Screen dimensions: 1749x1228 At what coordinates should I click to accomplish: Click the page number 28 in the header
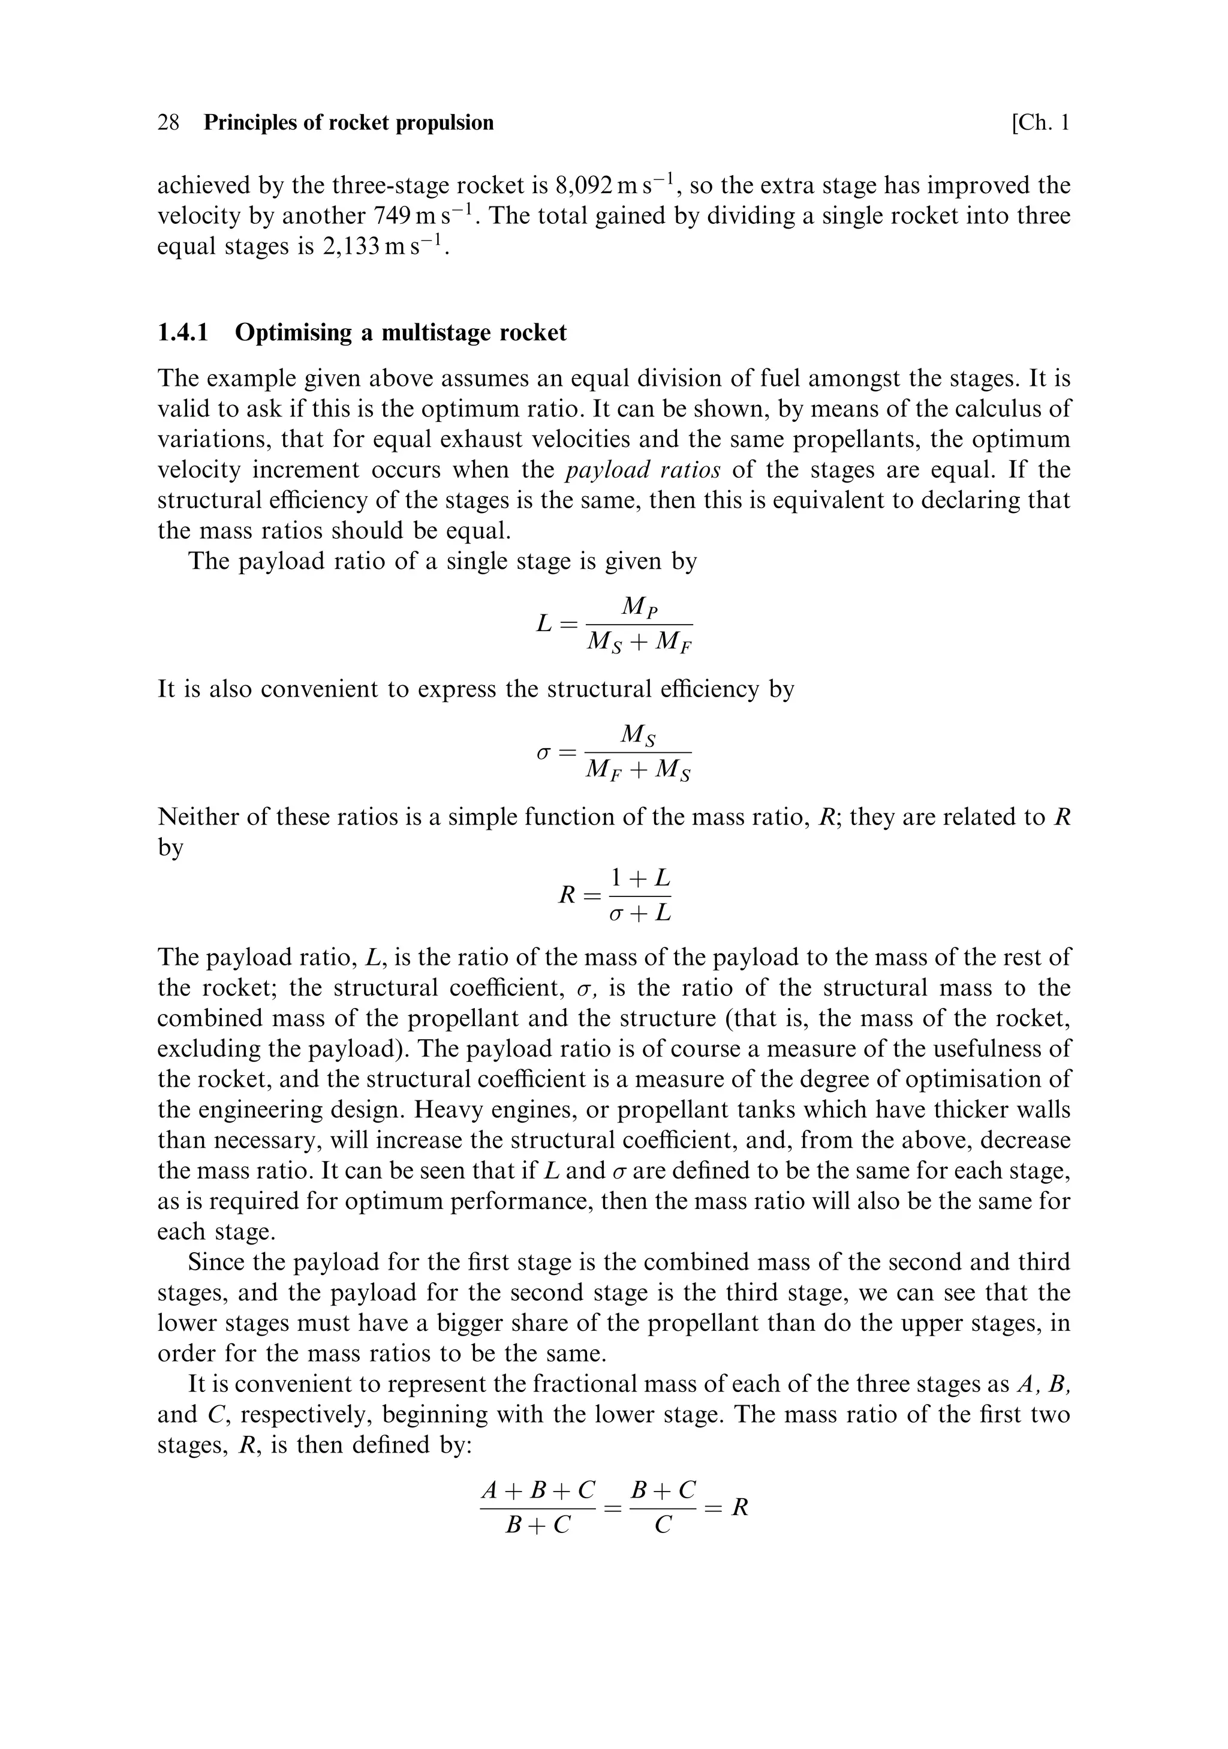coord(168,122)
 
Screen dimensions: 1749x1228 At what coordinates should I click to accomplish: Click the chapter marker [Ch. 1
coord(1040,122)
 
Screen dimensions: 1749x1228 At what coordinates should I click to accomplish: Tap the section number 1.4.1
coord(183,333)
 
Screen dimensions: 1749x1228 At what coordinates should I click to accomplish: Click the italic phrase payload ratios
coord(643,470)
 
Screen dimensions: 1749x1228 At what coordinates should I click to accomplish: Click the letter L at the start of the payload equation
coord(544,624)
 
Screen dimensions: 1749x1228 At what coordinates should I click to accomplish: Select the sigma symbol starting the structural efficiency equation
coord(543,752)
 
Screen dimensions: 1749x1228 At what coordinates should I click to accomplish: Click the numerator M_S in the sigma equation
coord(639,734)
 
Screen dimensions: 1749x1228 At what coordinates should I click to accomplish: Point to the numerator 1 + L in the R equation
coord(640,878)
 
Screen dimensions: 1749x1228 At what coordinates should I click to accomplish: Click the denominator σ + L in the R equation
coord(640,913)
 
